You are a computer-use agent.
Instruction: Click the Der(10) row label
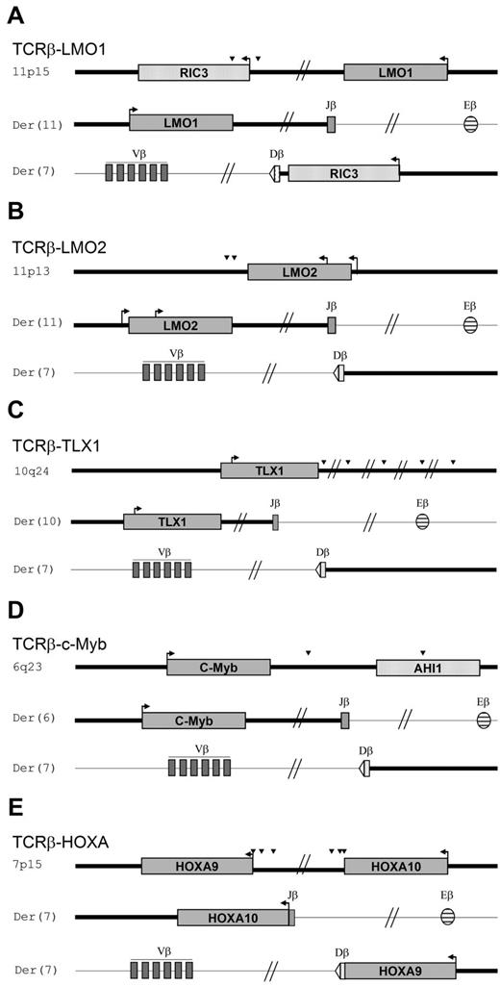33,521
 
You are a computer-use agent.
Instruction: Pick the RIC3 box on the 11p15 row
193,72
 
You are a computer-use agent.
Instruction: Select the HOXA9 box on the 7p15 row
196,866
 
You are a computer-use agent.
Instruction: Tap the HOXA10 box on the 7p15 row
395,866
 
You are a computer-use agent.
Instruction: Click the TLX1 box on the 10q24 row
268,470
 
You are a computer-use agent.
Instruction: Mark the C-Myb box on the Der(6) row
193,720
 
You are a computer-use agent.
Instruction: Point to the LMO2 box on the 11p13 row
298,272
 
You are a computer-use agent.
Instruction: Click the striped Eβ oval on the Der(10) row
422,521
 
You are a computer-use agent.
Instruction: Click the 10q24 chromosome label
29,470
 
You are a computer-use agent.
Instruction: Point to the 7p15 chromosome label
26,866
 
